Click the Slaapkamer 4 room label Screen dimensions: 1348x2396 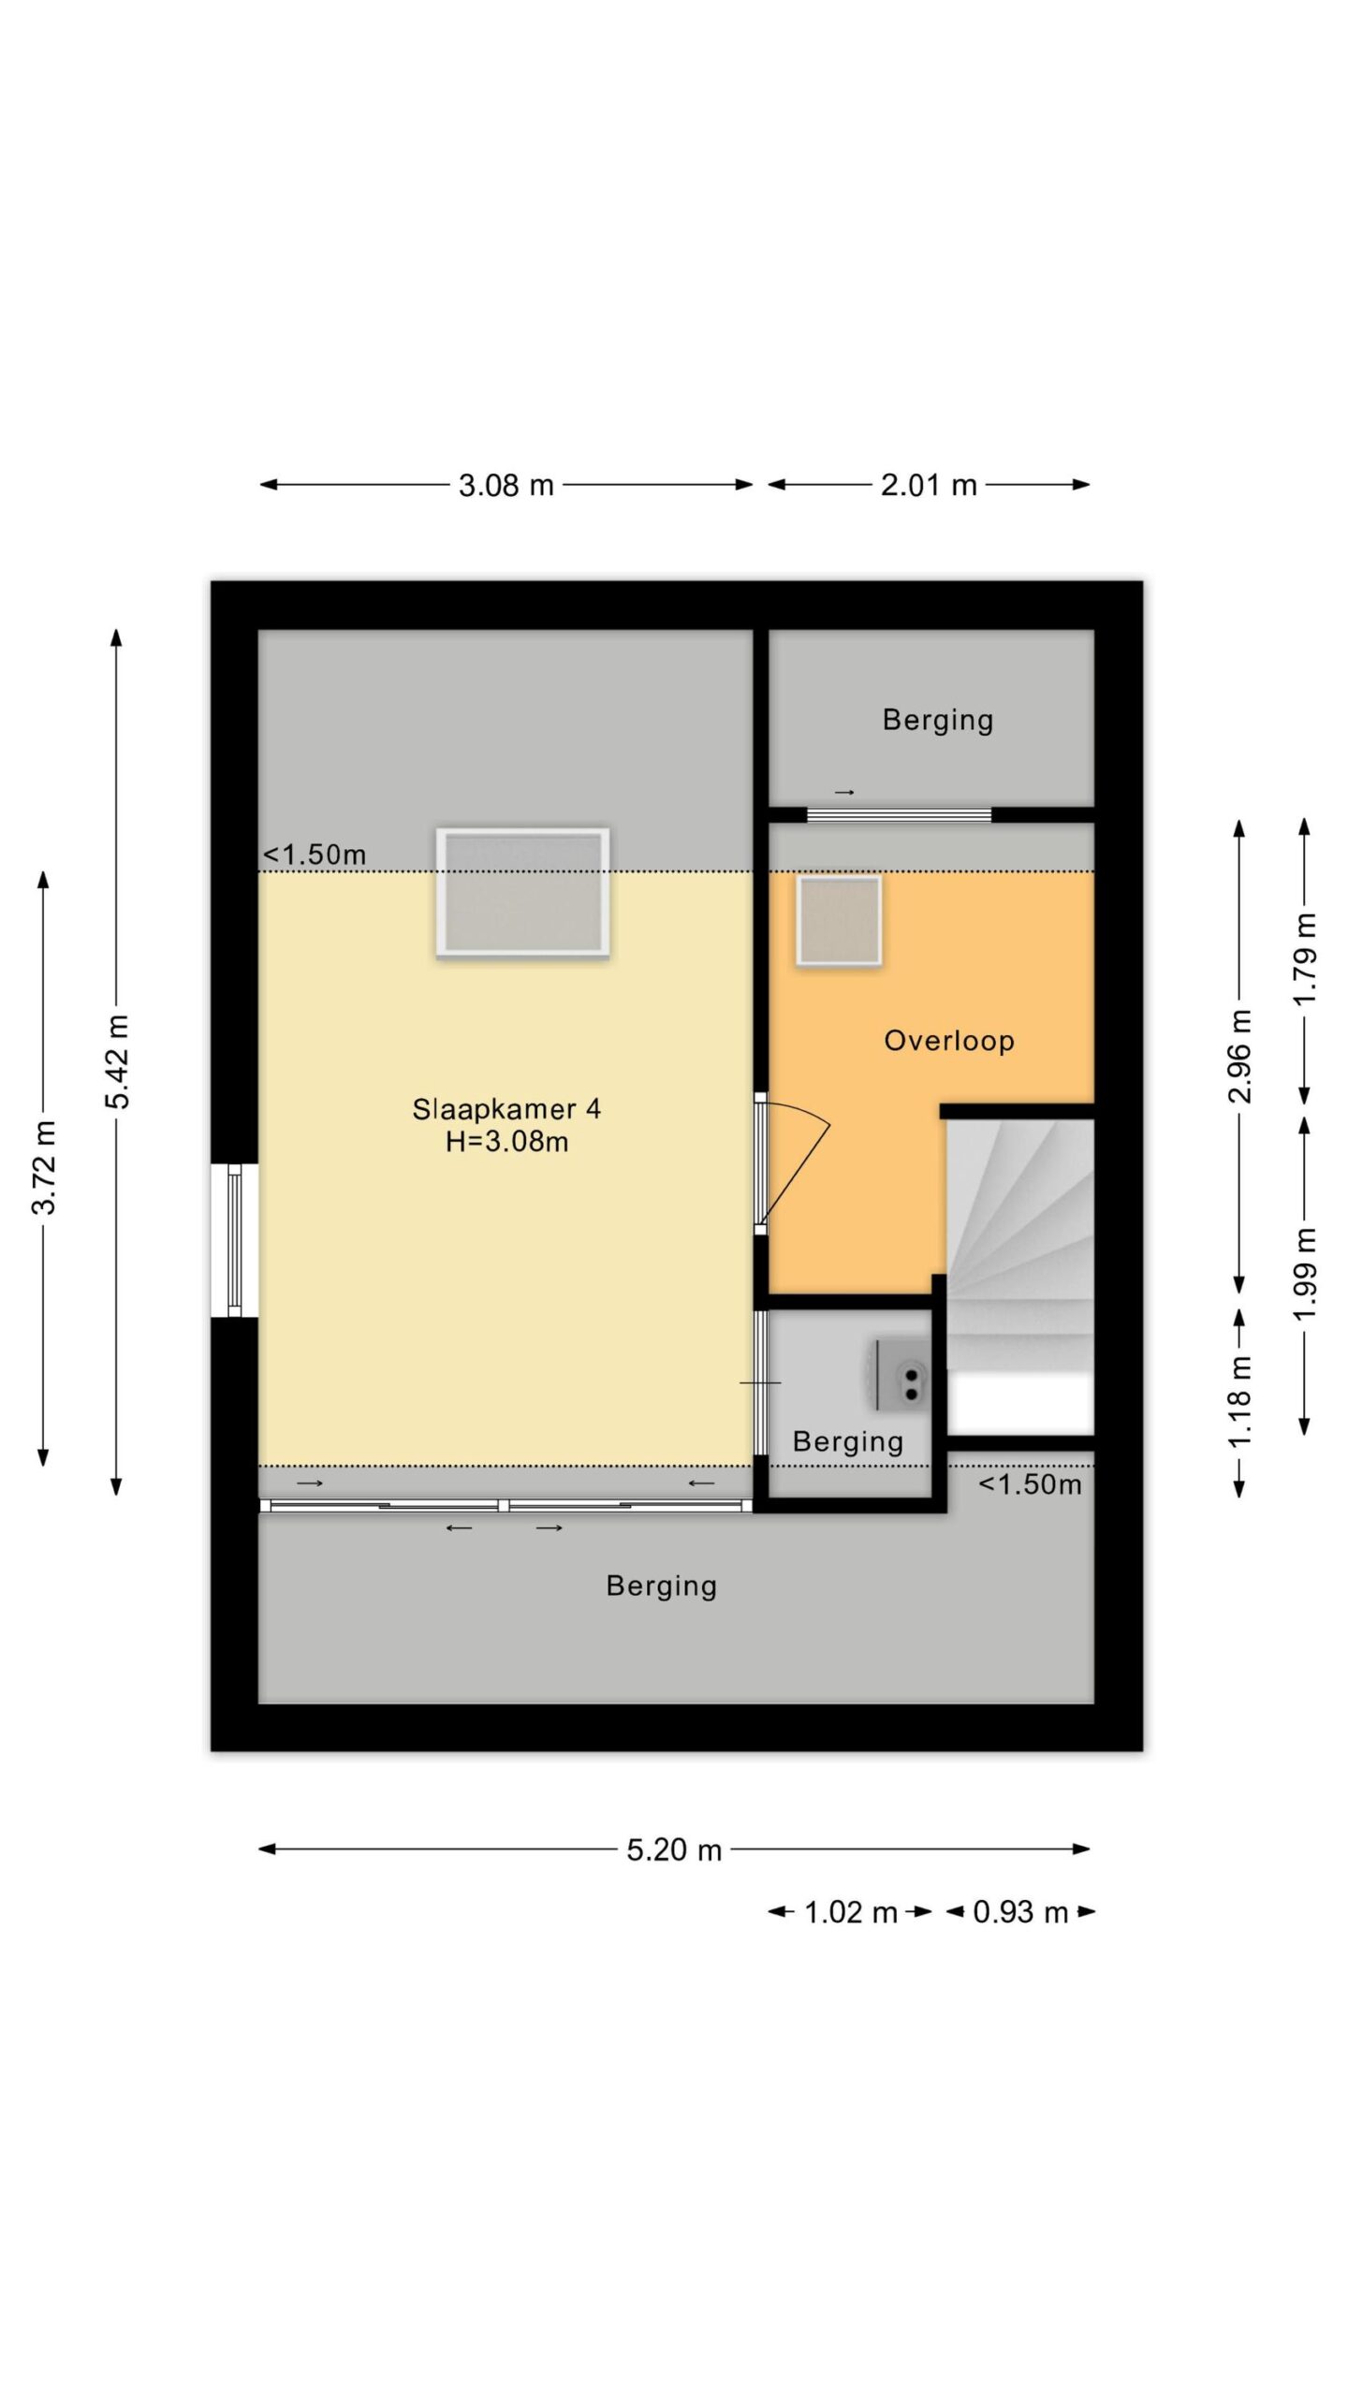506,1109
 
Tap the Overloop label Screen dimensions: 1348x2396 949,1041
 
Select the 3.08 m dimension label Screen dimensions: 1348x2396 506,486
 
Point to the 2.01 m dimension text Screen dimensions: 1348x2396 929,485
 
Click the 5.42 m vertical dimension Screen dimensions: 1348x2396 118,1061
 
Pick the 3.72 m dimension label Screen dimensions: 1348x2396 44,1167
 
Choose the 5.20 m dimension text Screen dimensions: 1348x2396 674,1850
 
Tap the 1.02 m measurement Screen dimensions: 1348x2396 851,1913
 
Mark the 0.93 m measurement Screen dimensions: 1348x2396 1020,1913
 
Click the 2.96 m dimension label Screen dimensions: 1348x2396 1239,1057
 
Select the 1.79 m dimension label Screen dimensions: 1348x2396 1305,959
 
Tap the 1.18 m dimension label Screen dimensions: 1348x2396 1239,1401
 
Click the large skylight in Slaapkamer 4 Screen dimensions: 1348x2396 523,893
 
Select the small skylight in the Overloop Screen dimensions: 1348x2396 839,921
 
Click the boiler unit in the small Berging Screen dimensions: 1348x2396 903,1374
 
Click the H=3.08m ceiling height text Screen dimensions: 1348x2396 506,1142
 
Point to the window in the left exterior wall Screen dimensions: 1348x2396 233,1240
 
